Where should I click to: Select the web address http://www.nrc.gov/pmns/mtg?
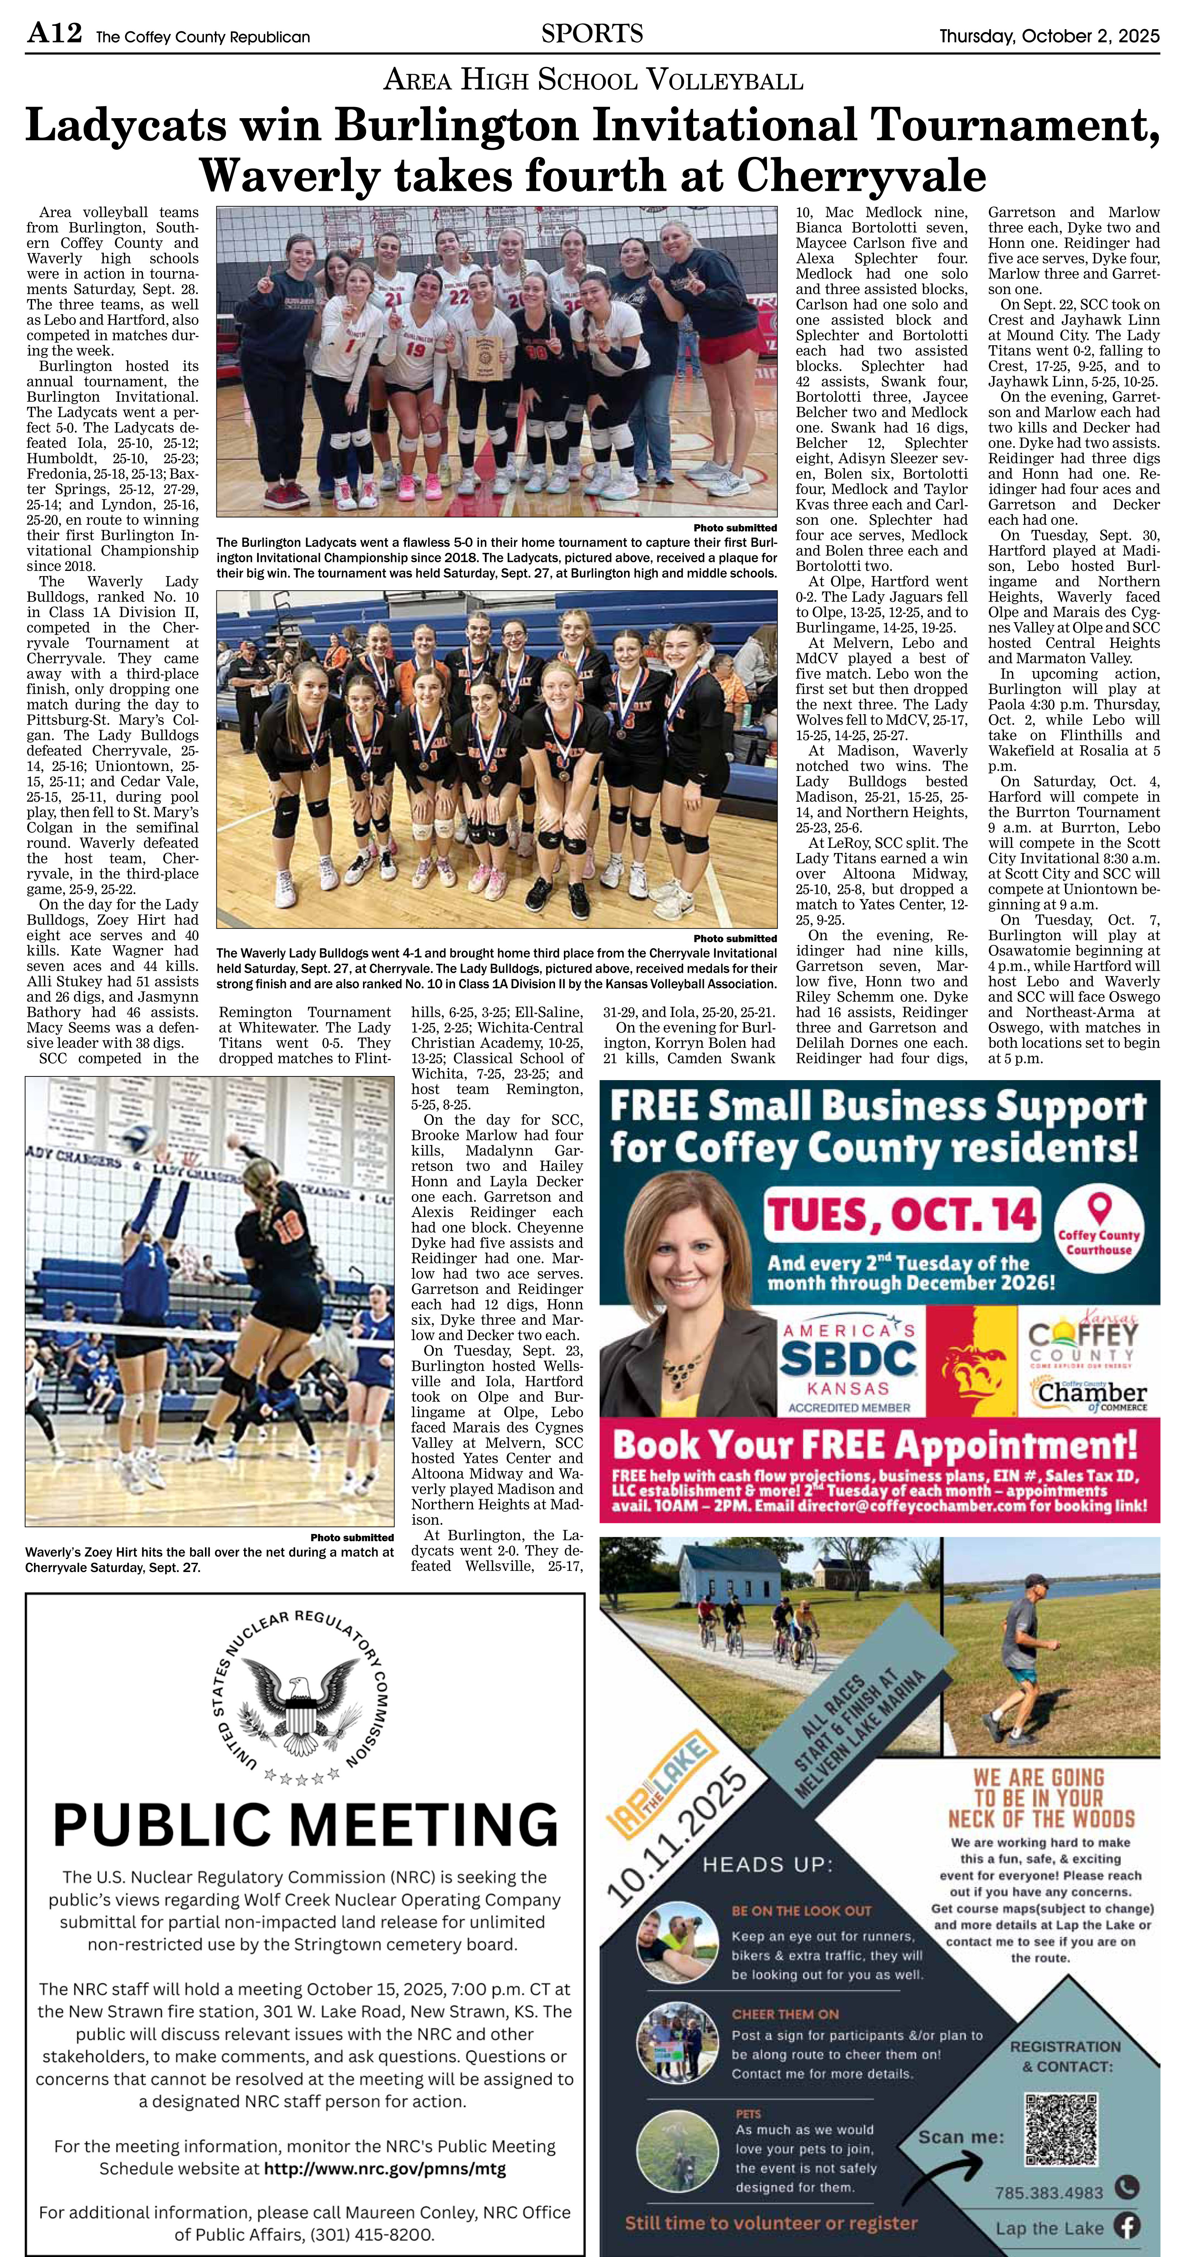(385, 2168)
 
